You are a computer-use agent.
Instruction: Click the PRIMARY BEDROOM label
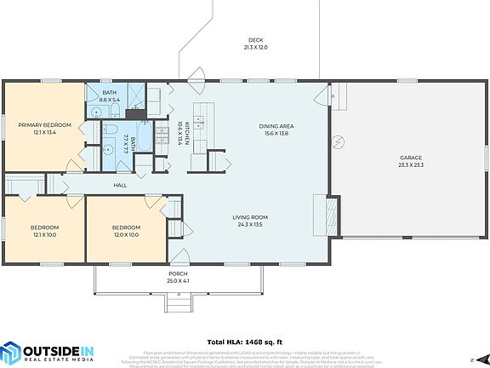(45, 125)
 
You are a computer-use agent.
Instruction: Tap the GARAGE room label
(411, 158)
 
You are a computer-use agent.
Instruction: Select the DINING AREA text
(282, 126)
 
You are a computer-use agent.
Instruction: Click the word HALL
(120, 185)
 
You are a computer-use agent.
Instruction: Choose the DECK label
(255, 40)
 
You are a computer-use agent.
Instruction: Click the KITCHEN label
(179, 125)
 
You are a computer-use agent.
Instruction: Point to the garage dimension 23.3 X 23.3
(411, 165)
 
